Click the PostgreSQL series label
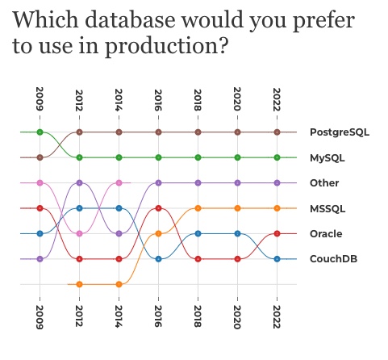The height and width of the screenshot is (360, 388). tap(340, 132)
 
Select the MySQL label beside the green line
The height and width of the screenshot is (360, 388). tap(328, 158)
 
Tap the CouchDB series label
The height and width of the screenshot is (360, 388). tap(333, 259)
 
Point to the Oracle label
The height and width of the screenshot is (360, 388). tap(326, 233)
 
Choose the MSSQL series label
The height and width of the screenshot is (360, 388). tap(328, 208)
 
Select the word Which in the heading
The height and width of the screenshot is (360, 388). tap(46, 19)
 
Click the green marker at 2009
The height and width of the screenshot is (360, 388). tap(40, 132)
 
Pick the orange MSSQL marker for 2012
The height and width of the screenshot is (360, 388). tap(79, 284)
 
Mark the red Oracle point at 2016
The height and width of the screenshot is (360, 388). tap(158, 208)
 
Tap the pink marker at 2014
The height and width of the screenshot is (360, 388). tap(119, 183)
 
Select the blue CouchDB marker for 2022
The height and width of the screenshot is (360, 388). tap(277, 259)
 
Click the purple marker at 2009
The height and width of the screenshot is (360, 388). tap(40, 259)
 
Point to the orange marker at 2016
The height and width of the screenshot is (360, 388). tap(158, 233)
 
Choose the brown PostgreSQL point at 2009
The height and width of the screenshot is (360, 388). tap(40, 157)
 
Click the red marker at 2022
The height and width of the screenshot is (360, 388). tap(277, 233)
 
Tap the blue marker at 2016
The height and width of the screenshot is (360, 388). tap(158, 259)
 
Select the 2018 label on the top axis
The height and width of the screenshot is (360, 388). tap(198, 100)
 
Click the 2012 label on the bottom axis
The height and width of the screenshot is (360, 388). tap(79, 316)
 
